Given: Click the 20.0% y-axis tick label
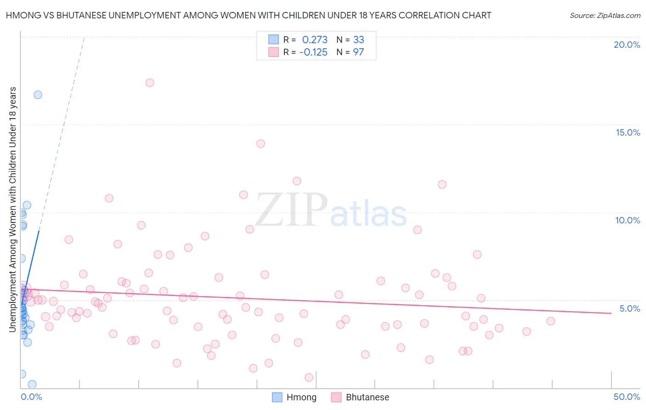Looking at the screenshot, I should (x=627, y=45).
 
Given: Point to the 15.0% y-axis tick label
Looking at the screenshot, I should (x=628, y=132).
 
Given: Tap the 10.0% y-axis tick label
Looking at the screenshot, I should (x=628, y=220).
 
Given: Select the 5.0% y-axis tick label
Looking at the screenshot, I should (x=629, y=308).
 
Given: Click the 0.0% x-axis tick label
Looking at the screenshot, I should (x=31, y=397).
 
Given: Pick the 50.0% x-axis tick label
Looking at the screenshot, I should (x=627, y=397).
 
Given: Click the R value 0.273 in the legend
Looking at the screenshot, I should (x=315, y=40).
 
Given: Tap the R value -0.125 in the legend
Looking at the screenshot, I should (x=313, y=52).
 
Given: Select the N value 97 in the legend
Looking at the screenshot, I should (x=358, y=52).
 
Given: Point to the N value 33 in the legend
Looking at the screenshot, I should (x=358, y=40).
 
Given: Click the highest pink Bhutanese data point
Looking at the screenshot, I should (x=150, y=83).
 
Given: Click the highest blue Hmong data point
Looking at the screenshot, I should (x=38, y=95).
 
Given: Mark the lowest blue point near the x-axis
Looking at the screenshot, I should (x=32, y=384).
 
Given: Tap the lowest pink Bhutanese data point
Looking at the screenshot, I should (x=309, y=377).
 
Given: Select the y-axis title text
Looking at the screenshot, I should (x=12, y=209).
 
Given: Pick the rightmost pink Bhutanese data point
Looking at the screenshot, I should (x=550, y=321).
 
